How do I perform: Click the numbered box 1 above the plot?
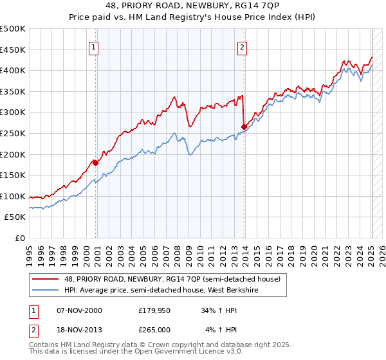click(x=93, y=46)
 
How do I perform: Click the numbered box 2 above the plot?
click(x=242, y=46)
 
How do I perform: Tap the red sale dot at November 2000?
click(x=96, y=163)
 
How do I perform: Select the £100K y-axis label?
click(x=14, y=196)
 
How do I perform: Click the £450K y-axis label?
click(x=14, y=50)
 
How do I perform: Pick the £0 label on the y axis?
click(x=21, y=238)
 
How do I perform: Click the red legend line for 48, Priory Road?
click(x=46, y=280)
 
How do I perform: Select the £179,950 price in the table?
click(x=153, y=310)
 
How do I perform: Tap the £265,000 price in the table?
click(x=153, y=330)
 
